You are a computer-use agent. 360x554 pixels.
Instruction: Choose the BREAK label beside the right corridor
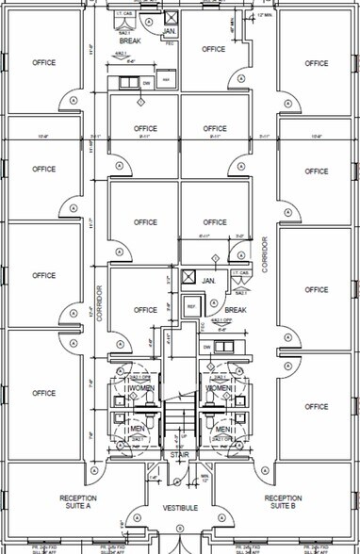point(235,310)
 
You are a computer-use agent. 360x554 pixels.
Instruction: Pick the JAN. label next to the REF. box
point(209,280)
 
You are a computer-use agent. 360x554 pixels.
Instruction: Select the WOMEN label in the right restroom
point(219,388)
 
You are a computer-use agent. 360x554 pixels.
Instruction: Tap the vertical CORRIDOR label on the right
point(265,254)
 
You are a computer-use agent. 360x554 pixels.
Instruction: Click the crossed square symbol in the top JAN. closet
point(170,18)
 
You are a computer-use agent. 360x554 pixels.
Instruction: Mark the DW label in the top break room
point(146,83)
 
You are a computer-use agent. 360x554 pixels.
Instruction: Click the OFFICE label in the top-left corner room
point(43,63)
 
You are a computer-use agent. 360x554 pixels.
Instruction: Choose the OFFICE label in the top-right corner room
point(317,63)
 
